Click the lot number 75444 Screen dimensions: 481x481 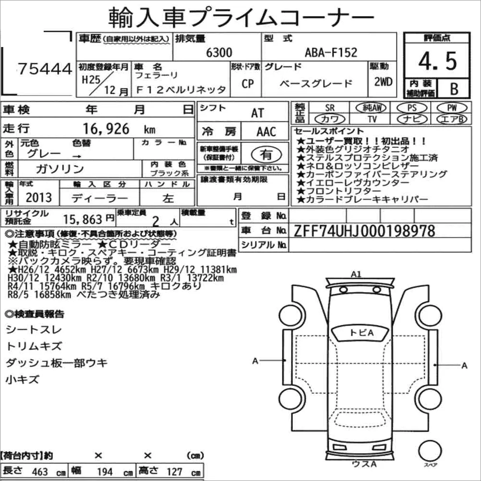(x=45, y=69)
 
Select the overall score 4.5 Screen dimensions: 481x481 (x=437, y=61)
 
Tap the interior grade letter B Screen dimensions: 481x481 (x=454, y=88)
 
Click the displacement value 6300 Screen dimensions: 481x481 (x=219, y=52)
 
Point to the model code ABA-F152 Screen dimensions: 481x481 (x=331, y=52)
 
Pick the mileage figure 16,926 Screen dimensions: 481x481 (x=106, y=129)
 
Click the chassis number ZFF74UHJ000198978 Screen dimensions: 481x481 (x=364, y=231)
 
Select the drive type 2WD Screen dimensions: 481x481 (x=383, y=82)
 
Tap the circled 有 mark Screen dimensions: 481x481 (x=266, y=155)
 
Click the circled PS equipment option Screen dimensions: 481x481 (x=412, y=108)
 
